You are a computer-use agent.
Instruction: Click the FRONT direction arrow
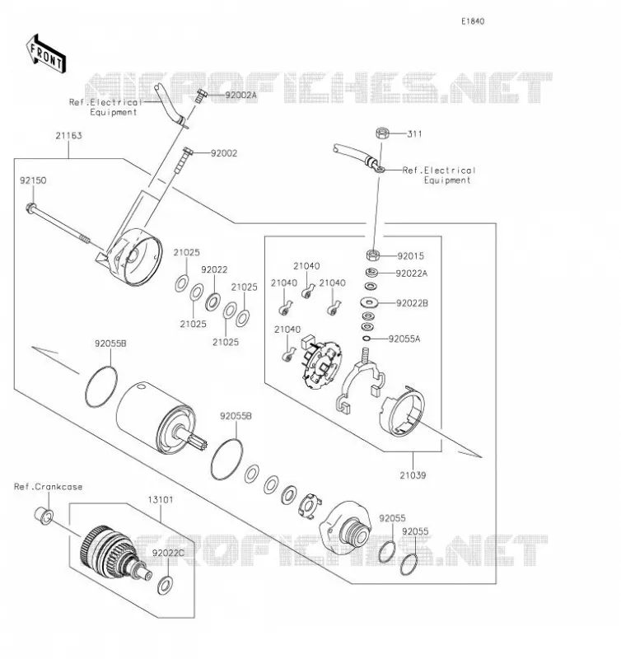click(46, 54)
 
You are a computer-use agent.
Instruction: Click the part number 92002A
click(240, 96)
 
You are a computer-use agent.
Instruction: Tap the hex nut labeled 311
click(382, 133)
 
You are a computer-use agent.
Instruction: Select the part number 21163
click(69, 136)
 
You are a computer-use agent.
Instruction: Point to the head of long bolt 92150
click(31, 208)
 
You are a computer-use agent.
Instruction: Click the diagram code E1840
click(473, 21)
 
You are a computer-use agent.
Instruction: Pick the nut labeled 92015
click(373, 255)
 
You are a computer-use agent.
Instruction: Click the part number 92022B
click(412, 303)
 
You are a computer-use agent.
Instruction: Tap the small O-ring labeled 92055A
click(367, 339)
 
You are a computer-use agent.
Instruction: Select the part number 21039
click(413, 475)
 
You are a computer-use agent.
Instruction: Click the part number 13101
click(161, 500)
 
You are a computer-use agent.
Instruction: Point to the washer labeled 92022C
click(165, 585)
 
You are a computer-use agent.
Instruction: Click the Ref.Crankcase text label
click(49, 487)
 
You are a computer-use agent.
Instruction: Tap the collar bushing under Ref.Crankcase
click(44, 516)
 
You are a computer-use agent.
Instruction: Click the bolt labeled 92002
click(183, 160)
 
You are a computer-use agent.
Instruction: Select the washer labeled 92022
click(213, 301)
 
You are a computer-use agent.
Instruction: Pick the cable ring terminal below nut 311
click(380, 170)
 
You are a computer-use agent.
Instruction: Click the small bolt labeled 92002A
click(201, 96)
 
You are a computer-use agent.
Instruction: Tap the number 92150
click(33, 180)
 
